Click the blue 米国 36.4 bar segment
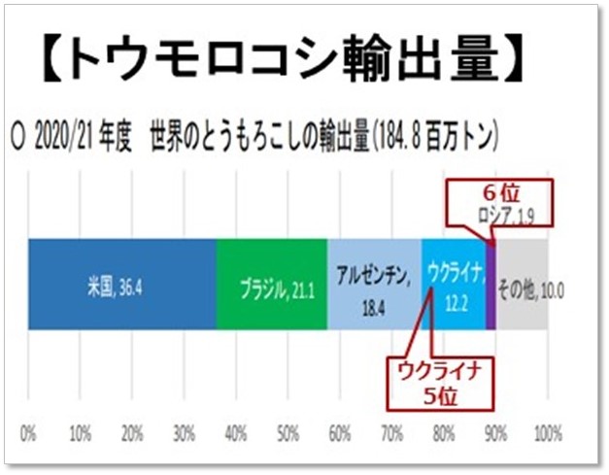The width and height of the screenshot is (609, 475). coord(121,285)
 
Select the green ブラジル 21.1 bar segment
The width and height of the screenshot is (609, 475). coord(272,285)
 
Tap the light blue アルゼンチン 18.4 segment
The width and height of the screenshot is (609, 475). coord(374,285)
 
